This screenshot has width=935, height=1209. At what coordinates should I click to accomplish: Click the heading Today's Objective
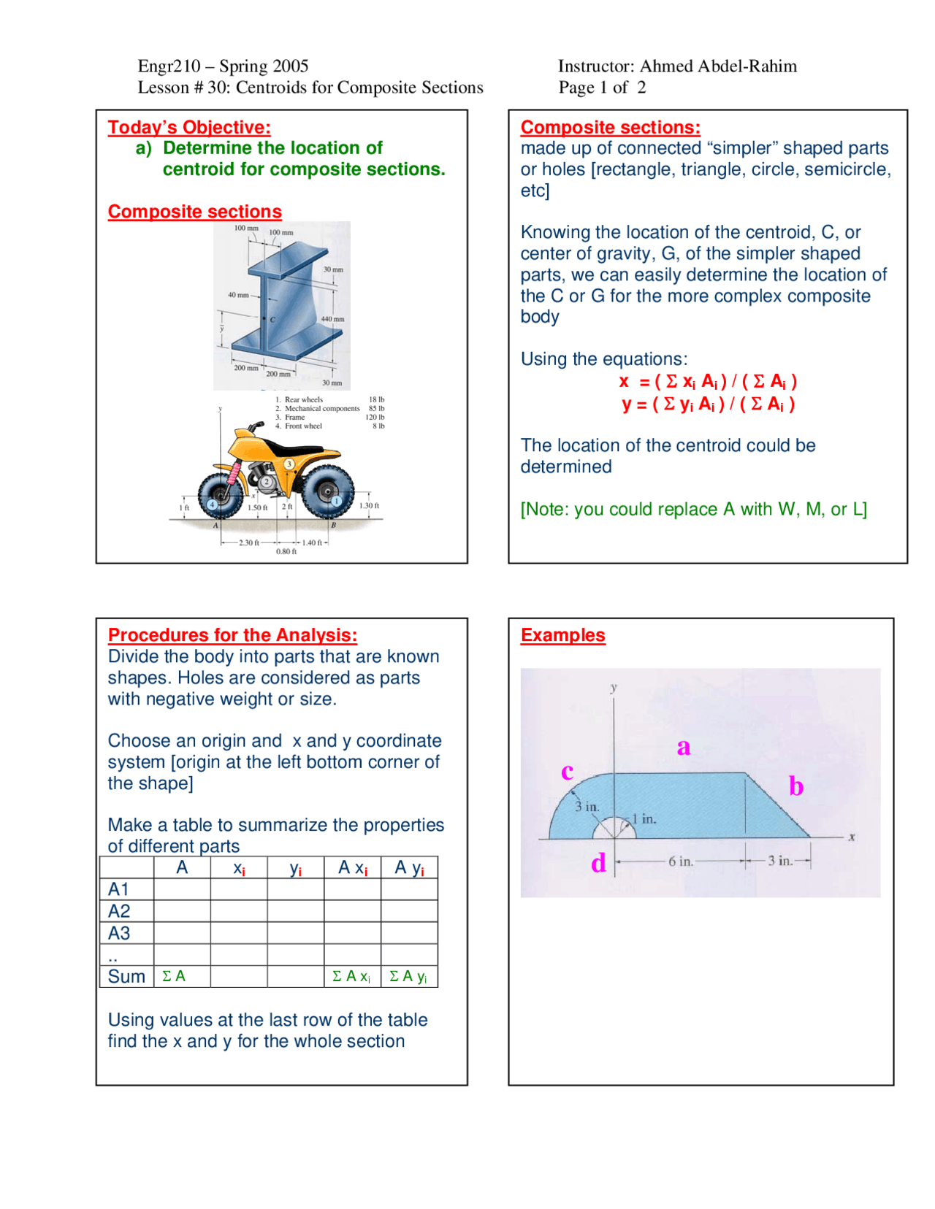[x=189, y=127]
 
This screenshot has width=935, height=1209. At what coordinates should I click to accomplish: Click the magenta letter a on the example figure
[x=683, y=747]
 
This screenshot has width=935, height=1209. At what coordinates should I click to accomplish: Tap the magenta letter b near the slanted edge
[x=795, y=786]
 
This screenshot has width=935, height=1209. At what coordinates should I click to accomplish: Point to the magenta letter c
[x=567, y=771]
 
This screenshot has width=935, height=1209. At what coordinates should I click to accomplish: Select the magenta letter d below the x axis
[x=598, y=863]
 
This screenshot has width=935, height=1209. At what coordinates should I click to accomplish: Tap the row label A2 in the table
[x=119, y=911]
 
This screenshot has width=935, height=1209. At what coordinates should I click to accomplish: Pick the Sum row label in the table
[x=126, y=977]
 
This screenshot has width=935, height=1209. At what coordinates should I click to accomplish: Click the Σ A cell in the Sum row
[x=174, y=976]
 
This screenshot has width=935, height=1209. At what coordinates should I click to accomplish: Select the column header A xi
[x=353, y=868]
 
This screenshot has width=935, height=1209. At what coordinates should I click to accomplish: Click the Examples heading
[x=562, y=635]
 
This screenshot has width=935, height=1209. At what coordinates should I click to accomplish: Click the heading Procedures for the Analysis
[x=232, y=635]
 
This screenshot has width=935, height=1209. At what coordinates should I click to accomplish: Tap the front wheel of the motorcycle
[x=220, y=495]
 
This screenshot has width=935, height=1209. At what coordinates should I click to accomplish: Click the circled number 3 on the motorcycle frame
[x=289, y=464]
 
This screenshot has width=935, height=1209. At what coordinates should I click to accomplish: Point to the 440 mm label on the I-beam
[x=332, y=319]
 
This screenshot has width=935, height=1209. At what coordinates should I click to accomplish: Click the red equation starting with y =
[x=708, y=404]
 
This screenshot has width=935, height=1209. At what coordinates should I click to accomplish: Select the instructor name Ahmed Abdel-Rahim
[x=718, y=66]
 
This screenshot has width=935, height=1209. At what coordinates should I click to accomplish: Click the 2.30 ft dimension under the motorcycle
[x=249, y=542]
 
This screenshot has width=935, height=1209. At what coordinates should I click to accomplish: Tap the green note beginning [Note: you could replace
[x=693, y=510]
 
